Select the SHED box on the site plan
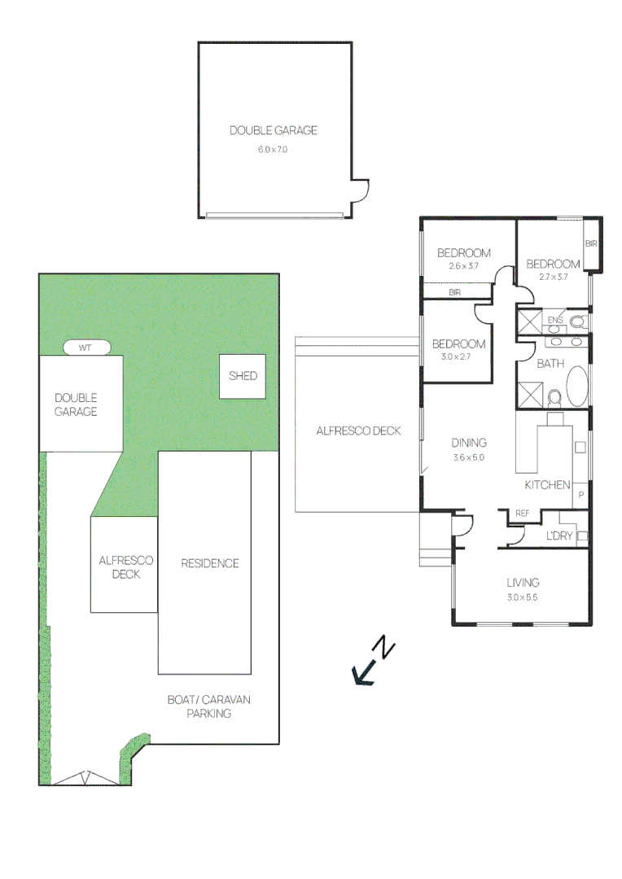(243, 376)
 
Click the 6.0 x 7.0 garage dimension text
(273, 150)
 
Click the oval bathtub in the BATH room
(578, 387)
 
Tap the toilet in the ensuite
(578, 321)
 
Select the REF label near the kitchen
(523, 514)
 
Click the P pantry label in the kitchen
(581, 495)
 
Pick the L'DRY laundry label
(558, 536)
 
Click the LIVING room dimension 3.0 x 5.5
(523, 597)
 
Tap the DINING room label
(469, 443)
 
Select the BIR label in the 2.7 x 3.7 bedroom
(591, 243)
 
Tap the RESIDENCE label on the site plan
(210, 563)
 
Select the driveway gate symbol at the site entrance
(85, 778)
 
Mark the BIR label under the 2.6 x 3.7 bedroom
(455, 292)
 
